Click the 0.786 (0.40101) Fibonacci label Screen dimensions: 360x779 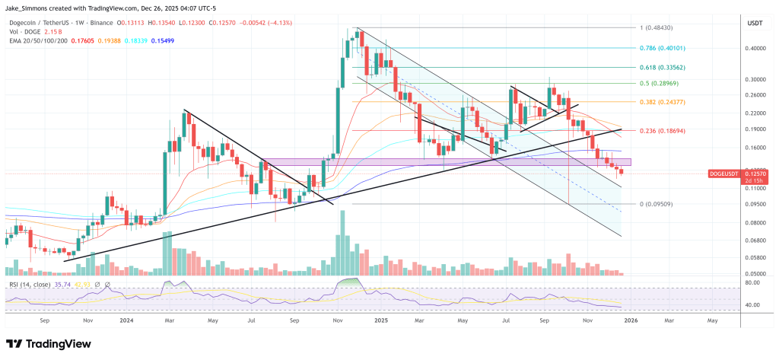pyautogui.click(x=657, y=47)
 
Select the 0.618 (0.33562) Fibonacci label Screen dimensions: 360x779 pyautogui.click(x=657, y=66)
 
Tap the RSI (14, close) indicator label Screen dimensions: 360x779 pyautogui.click(x=31, y=285)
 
